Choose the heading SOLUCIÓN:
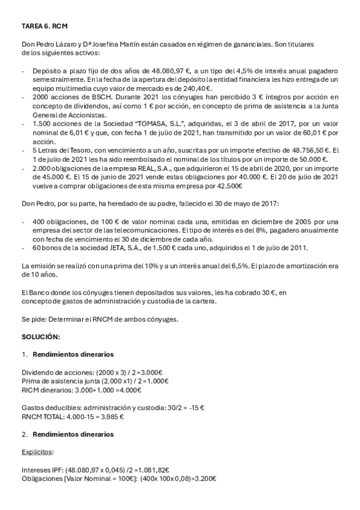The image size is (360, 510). coord(41,338)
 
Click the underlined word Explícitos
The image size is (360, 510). coord(37,451)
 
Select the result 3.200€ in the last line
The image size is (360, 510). coord(204,479)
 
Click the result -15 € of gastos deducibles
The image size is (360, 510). coord(195,407)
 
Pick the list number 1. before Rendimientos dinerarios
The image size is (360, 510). coord(25,354)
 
